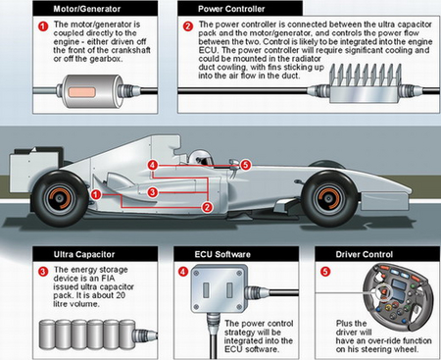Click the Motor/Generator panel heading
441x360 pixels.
87,9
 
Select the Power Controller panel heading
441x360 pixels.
231,9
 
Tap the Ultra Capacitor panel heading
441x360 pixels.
84,254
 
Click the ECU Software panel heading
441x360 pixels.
222,254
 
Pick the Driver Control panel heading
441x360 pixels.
365,254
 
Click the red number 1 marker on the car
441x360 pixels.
95,195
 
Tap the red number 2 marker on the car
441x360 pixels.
207,207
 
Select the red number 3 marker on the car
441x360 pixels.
152,192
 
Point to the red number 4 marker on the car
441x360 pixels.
153,165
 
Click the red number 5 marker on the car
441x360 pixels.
246,165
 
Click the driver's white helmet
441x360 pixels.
201,158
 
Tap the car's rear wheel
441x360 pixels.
60,198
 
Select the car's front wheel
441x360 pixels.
330,199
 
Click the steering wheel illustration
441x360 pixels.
399,297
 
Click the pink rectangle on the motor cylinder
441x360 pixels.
81,92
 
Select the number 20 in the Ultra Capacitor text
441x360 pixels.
121,295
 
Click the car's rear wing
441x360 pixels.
36,170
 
